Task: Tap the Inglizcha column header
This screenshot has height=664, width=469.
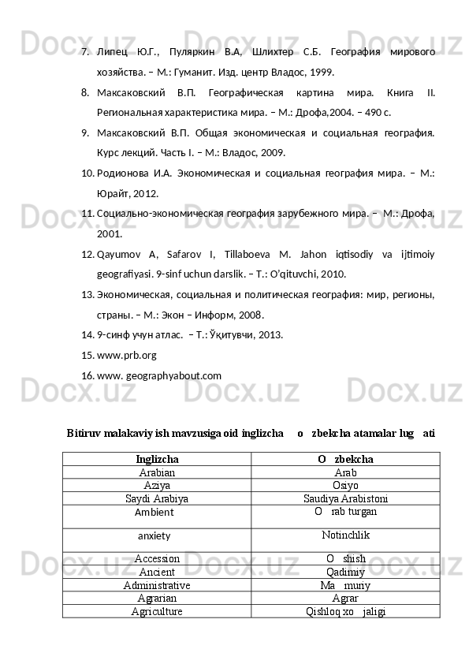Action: pyautogui.click(x=157, y=458)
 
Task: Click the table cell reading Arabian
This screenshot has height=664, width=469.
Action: pyautogui.click(x=157, y=472)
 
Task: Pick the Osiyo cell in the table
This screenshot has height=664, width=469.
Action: pyautogui.click(x=345, y=485)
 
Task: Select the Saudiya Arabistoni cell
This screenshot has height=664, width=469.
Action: pyautogui.click(x=345, y=498)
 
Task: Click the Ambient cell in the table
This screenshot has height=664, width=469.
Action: pyautogui.click(x=157, y=513)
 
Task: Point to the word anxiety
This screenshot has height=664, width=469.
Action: pyautogui.click(x=157, y=536)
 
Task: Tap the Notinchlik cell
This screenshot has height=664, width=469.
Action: pyautogui.click(x=345, y=536)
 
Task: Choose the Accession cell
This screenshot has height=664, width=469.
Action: pyautogui.click(x=157, y=558)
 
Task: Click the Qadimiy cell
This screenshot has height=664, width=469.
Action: pyautogui.click(x=345, y=572)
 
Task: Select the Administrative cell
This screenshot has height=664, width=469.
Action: pyautogui.click(x=157, y=584)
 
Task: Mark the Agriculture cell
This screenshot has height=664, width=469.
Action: pyautogui.click(x=157, y=611)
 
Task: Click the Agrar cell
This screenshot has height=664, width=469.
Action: pyautogui.click(x=345, y=598)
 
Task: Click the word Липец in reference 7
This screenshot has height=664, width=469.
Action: pyautogui.click(x=111, y=51)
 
